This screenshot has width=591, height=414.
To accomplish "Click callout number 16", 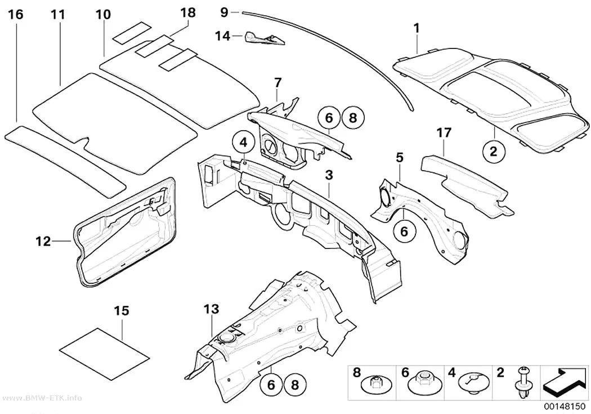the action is pos(16,15).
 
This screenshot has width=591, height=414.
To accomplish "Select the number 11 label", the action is pos(59,15).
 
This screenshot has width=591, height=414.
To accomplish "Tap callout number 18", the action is pos(187,12).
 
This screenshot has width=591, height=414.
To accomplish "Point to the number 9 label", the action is pos(224,12).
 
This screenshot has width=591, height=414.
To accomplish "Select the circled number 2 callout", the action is pos(494,151).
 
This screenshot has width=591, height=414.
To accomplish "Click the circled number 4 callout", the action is pos(244,143).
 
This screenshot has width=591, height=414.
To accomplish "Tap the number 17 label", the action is pos(444,133).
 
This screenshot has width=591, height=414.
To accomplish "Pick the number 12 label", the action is pos(43,241).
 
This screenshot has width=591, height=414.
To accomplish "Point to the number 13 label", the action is pos(211,309).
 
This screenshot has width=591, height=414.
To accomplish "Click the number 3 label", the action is pos(329,175).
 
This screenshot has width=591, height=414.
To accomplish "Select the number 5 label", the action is pos(400,158).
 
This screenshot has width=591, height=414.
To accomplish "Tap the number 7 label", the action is pos(278,82).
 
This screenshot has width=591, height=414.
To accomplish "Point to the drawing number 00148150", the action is pos(564,407).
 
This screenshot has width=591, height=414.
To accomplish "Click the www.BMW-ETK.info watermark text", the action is pos(42,398).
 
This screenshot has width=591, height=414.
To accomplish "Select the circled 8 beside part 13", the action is pos(295,385).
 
